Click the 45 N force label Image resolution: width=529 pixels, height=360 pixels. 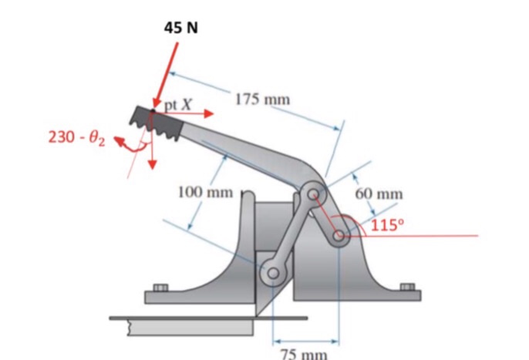[180, 27]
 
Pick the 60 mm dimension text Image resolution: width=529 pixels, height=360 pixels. [379, 193]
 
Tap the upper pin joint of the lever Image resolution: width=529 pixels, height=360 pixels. [313, 194]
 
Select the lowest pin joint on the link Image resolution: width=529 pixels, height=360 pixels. [271, 272]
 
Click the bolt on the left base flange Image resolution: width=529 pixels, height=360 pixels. [160, 288]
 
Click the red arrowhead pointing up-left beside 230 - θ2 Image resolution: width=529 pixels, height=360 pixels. [120, 141]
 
